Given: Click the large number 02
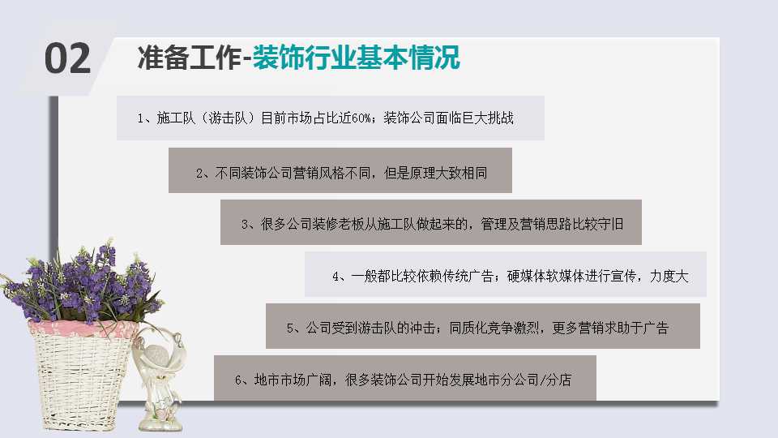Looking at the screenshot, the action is (67, 58).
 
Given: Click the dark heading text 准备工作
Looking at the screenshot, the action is (189, 58).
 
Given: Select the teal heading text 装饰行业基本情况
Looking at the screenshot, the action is (357, 58).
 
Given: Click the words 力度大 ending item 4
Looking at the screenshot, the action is (669, 276).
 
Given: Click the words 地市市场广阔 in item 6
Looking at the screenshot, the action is (293, 380).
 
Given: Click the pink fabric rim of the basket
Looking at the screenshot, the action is (82, 328).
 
